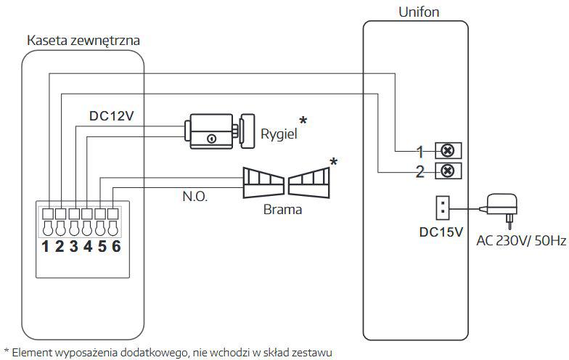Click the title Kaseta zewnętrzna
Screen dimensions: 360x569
coord(83,40)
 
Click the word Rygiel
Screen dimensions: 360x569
coord(279,134)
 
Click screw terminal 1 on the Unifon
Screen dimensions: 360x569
coord(448,151)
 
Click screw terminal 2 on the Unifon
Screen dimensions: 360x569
coord(448,171)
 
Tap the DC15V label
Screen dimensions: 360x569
coord(441,233)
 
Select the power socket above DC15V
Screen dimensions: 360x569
coord(442,208)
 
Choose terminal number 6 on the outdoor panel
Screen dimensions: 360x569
coord(116,245)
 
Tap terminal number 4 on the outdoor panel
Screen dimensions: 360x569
coord(87,245)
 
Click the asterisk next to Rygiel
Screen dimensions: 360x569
coord(303,121)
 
